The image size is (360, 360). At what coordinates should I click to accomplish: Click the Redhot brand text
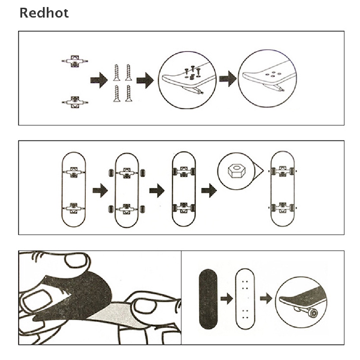point(44,13)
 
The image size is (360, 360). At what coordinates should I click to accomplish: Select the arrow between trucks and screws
point(99,80)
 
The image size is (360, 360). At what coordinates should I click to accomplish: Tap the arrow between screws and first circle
point(145,81)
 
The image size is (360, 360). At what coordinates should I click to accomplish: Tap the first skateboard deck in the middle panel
point(73,189)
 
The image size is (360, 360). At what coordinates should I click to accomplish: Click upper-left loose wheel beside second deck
point(110,173)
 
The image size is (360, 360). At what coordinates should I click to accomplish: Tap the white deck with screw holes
point(245,299)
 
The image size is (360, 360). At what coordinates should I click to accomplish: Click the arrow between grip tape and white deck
point(227,300)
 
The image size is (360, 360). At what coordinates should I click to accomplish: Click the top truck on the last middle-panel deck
point(283,171)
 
